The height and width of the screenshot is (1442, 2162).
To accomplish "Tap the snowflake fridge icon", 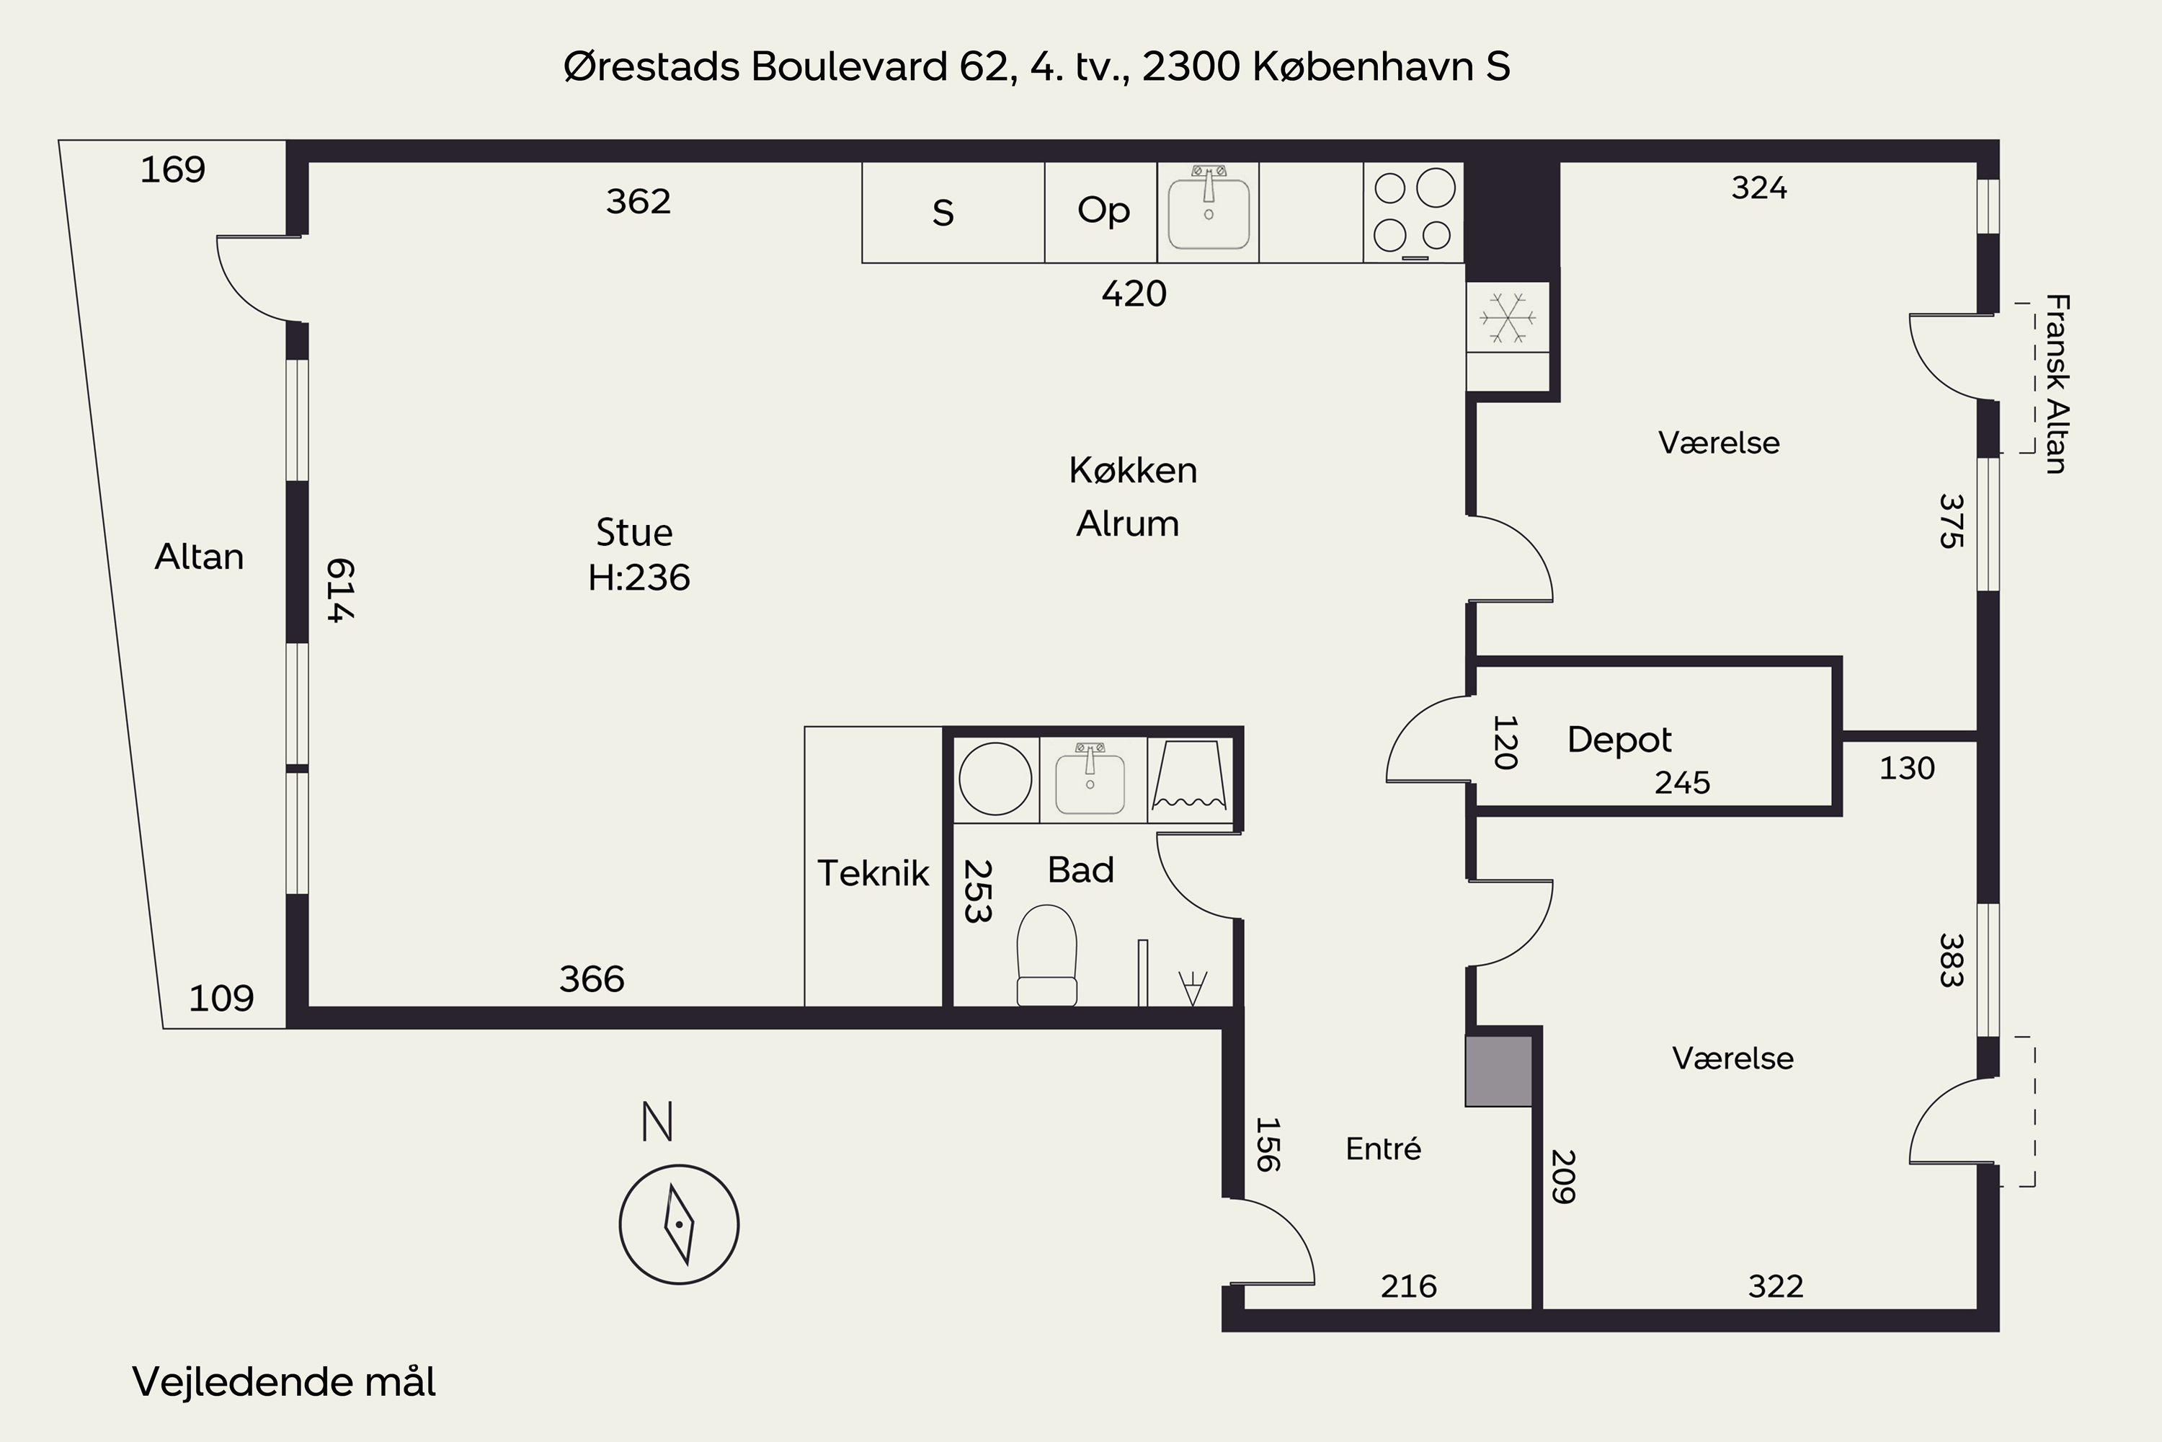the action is (1508, 318).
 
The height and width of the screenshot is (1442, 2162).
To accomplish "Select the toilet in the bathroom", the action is (1047, 955).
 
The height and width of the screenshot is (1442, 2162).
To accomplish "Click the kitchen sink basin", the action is (1208, 213).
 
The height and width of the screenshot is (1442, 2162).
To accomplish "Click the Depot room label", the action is (1619, 740).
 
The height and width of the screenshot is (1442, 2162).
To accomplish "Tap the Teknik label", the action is (873, 872).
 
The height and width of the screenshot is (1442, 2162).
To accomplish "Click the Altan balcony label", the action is (200, 557).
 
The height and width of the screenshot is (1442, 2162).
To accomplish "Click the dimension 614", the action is (340, 590).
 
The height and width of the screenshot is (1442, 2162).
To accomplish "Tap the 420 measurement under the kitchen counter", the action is (1134, 293).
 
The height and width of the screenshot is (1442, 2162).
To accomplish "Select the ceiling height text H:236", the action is (639, 578).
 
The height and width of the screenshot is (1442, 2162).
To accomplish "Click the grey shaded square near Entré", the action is (1498, 1071).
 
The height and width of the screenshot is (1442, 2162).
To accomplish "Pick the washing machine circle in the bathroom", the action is (995, 779).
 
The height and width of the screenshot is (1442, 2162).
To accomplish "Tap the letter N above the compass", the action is (657, 1122).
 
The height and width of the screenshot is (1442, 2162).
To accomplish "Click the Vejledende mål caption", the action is (284, 1381).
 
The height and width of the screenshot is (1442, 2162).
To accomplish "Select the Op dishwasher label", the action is (1103, 211).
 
